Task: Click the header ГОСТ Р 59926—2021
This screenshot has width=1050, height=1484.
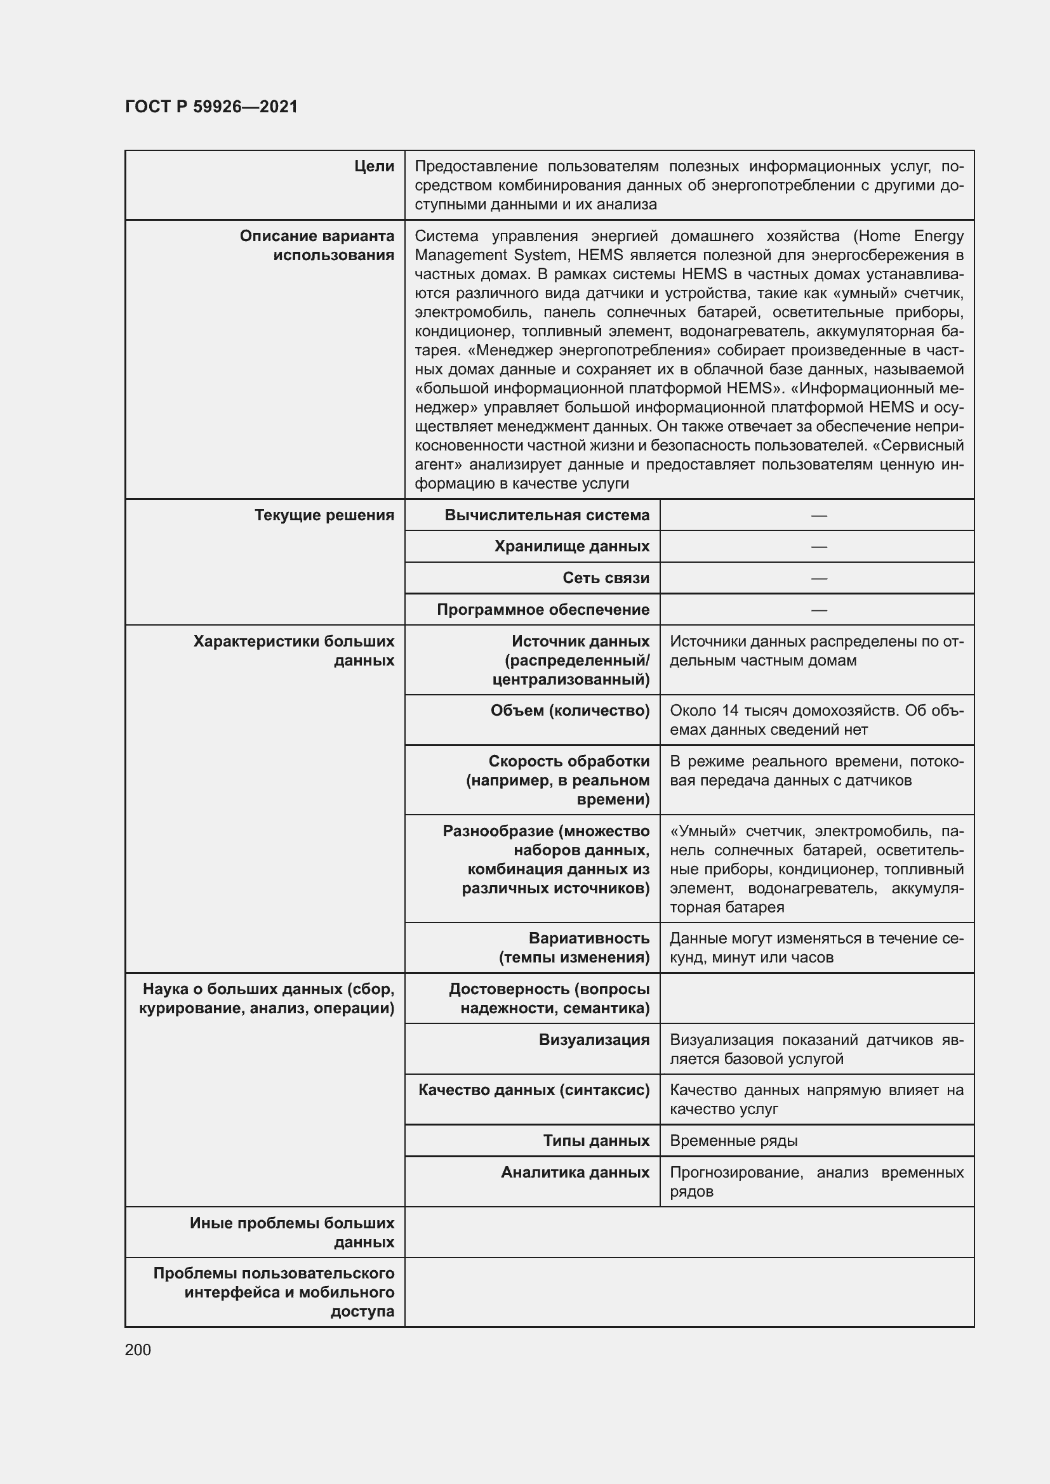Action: point(211,107)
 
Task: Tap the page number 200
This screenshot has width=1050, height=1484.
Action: point(138,1349)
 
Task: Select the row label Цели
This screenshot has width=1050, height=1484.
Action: point(374,166)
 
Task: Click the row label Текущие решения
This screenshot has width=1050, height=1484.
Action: point(324,515)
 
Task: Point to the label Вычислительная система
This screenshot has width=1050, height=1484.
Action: point(547,515)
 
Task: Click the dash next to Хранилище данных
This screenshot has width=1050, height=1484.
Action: point(818,547)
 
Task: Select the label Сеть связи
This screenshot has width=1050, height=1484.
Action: point(605,578)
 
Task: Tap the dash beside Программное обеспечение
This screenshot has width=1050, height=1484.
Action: point(818,610)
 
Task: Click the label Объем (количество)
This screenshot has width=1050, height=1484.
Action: point(569,711)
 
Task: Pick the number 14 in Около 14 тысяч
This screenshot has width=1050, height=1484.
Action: point(730,711)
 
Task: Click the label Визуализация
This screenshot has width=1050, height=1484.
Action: point(594,1039)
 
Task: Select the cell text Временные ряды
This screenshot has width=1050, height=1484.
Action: point(733,1141)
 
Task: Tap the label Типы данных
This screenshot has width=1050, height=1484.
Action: point(595,1141)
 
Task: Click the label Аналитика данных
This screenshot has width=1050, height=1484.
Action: point(575,1172)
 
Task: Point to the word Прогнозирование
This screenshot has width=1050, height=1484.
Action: point(736,1172)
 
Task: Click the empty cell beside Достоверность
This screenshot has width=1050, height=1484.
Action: point(816,998)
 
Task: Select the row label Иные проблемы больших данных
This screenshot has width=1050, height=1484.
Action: point(291,1232)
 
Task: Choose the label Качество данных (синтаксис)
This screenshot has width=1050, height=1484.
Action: point(533,1090)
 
